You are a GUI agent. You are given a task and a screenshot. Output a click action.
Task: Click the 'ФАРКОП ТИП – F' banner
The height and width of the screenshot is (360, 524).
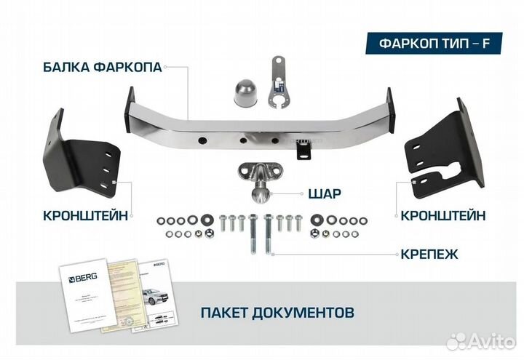(x=434, y=42)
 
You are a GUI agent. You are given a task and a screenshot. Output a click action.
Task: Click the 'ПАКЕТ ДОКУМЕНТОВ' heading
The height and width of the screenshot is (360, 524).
(x=277, y=312)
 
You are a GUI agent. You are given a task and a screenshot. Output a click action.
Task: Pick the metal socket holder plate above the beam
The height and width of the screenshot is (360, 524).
(x=277, y=84)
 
